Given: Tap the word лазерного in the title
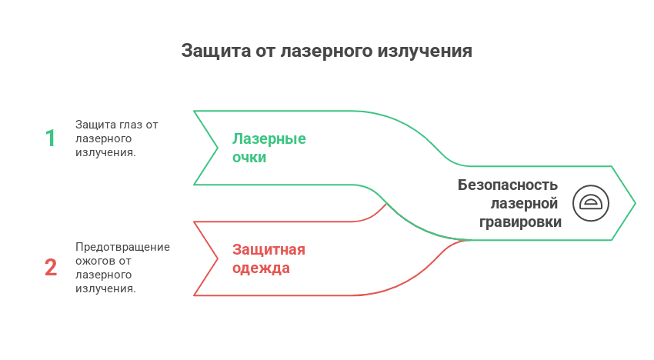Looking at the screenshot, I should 326,52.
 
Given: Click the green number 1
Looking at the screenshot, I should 51,138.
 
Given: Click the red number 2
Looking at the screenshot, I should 51,268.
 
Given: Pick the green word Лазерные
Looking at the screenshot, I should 269,139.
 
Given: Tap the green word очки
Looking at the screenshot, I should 249,158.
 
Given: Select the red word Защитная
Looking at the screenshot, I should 269,250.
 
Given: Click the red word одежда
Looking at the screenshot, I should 261,268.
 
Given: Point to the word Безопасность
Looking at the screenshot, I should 507,185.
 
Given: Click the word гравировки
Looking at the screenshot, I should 520,222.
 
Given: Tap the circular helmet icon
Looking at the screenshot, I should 591,203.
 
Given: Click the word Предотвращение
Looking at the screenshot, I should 123,246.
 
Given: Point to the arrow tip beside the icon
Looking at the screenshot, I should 634,203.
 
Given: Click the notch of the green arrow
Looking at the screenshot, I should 218,148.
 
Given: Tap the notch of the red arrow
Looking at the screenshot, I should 218,258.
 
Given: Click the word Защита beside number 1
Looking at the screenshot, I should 95,125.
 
